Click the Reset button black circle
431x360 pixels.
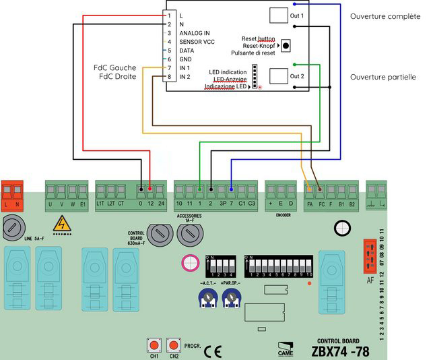pos(286,45)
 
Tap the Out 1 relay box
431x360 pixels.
pos(278,16)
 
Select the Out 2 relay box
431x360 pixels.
pos(278,76)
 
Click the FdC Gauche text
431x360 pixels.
pos(115,67)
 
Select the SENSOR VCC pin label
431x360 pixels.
pos(197,42)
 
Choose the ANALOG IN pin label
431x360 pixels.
pos(195,33)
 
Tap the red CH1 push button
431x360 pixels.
pos(154,345)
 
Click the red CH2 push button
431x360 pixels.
pos(174,345)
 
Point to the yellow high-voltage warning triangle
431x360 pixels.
pos(62,222)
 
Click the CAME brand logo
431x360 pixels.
pos(286,348)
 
